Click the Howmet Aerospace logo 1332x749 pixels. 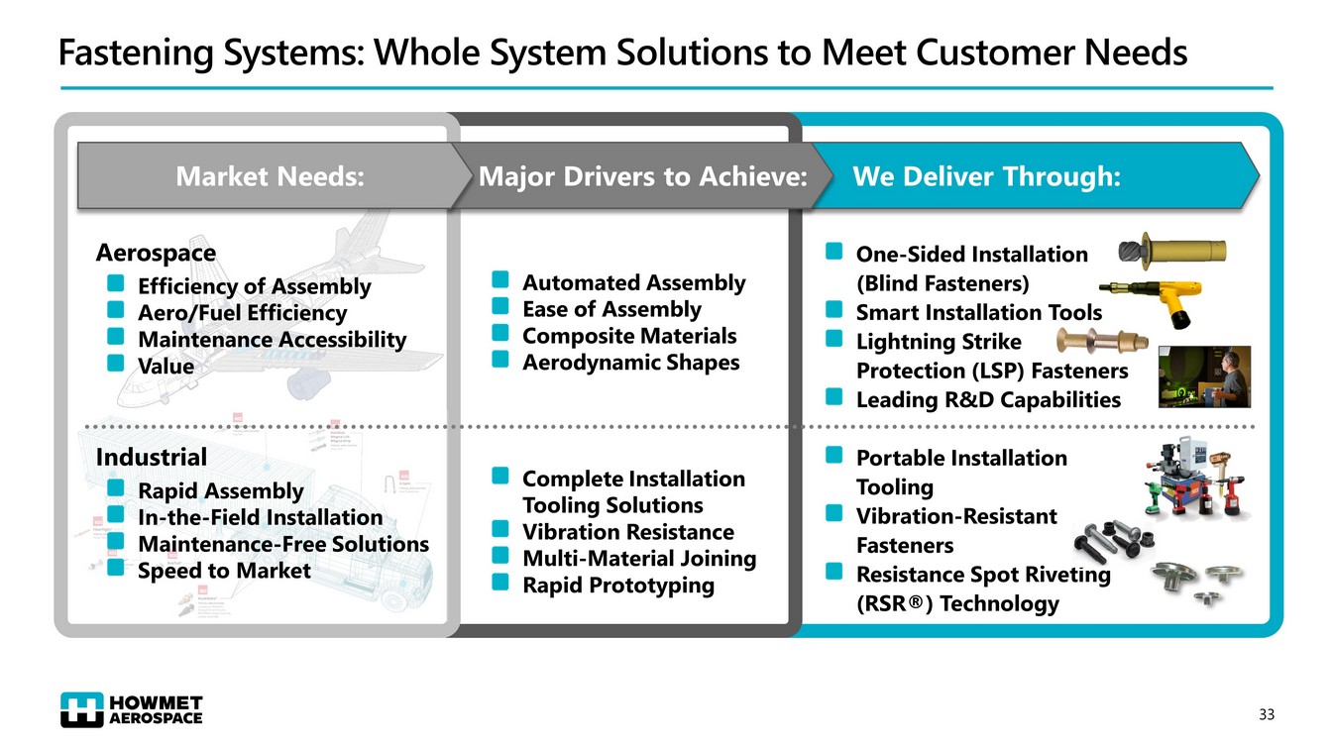(131, 708)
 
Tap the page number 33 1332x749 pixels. (1266, 714)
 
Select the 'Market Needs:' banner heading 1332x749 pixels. (270, 177)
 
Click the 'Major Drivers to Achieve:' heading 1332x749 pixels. (641, 177)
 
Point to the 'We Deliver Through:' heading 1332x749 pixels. (986, 177)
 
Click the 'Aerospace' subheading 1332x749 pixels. (156, 253)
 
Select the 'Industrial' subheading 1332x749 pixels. (152, 457)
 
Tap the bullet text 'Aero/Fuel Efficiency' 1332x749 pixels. (242, 313)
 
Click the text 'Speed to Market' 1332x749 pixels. (224, 571)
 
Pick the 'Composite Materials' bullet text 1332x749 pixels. (629, 336)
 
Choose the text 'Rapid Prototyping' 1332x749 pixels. (617, 585)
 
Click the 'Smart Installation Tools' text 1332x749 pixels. (978, 313)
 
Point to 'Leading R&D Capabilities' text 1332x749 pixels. (988, 400)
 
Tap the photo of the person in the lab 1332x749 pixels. (1204, 376)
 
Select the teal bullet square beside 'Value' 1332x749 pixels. (116, 364)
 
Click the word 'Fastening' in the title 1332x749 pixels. (134, 52)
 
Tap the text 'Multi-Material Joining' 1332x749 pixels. (638, 559)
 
